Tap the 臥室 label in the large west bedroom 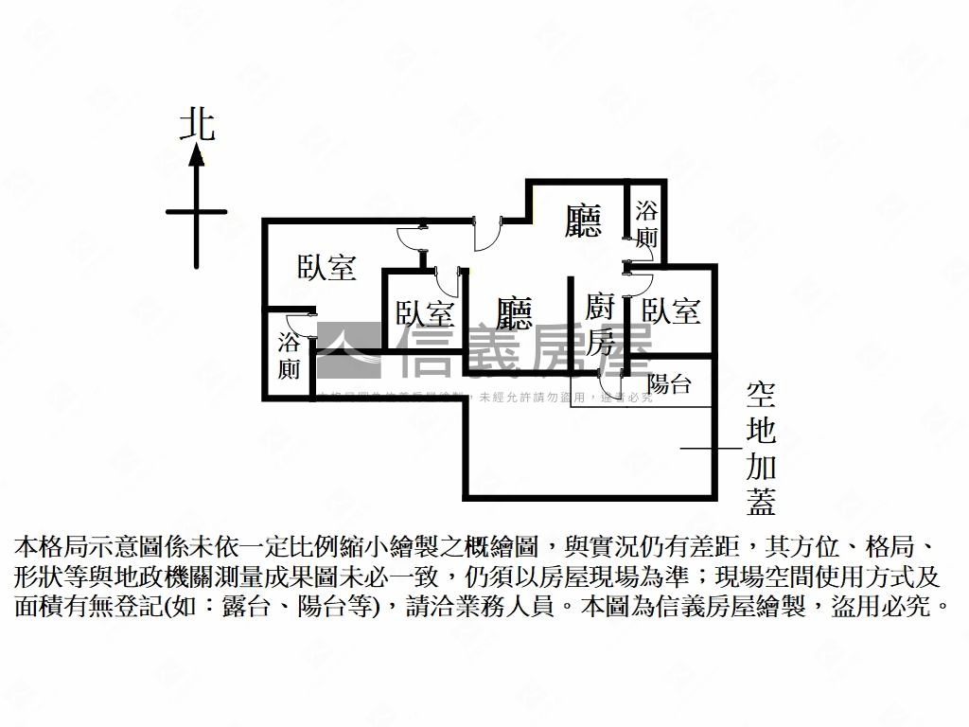pos(326,268)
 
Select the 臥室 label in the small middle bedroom pos(425,313)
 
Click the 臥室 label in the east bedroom pos(671,310)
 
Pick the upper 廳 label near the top pos(583,222)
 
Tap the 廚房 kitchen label pos(601,325)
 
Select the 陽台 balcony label pos(669,384)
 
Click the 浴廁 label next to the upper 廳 pos(646,224)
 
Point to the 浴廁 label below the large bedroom pos(290,355)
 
